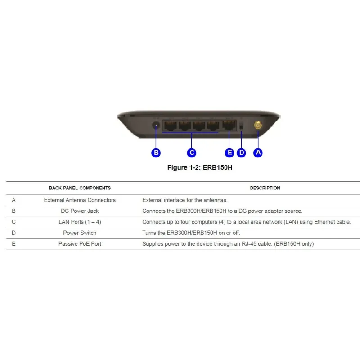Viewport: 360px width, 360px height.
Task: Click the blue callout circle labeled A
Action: (x=258, y=153)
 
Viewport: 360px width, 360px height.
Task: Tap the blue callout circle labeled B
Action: (x=156, y=153)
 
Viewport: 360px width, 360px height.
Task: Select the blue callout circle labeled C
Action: (x=192, y=153)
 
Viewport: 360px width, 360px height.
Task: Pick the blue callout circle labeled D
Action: (x=241, y=153)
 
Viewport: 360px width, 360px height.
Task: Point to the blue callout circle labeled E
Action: (x=229, y=153)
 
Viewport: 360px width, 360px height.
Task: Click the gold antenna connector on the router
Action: (x=258, y=126)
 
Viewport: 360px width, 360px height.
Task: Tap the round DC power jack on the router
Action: (x=156, y=126)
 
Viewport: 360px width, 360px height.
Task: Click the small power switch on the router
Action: (x=241, y=126)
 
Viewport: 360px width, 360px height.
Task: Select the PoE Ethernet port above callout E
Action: (x=229, y=126)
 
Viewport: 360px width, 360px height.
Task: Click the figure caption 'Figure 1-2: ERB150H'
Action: (x=200, y=167)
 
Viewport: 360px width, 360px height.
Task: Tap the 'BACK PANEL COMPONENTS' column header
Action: (x=80, y=188)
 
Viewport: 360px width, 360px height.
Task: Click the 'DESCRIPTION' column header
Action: (x=265, y=188)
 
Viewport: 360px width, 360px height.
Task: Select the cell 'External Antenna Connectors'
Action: (x=80, y=200)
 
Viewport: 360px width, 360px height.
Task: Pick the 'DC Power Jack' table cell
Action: (x=80, y=211)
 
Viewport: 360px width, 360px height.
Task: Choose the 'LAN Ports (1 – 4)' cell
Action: (x=80, y=222)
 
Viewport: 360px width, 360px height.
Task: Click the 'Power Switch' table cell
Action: (x=80, y=233)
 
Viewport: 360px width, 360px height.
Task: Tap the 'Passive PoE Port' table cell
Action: (x=80, y=244)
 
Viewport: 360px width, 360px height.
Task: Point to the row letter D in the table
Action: (x=14, y=233)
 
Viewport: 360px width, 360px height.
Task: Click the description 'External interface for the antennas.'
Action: (x=185, y=200)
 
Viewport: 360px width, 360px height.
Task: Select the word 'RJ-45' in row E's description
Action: (x=249, y=244)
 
